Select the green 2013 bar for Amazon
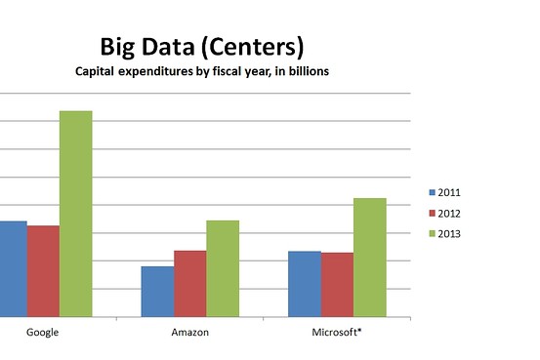click(x=222, y=268)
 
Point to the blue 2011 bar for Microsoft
click(x=305, y=284)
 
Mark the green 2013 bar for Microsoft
click(x=370, y=258)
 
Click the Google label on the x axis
click(x=42, y=333)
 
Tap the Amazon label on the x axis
click(x=189, y=333)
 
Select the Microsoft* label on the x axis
click(x=337, y=333)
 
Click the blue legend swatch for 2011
click(x=433, y=192)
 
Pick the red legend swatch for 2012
click(x=433, y=213)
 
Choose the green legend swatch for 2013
click(x=433, y=233)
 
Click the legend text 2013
click(x=450, y=233)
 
